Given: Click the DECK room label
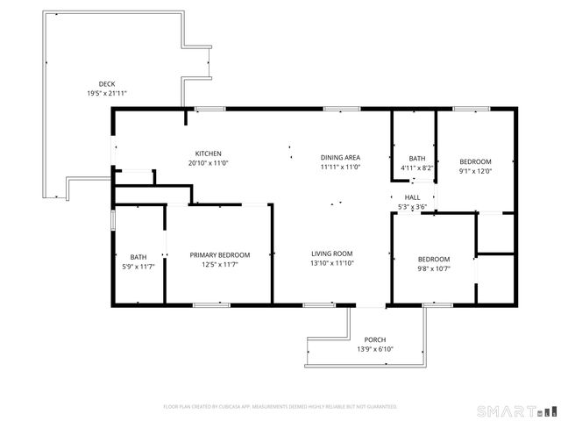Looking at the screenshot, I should [x=106, y=84].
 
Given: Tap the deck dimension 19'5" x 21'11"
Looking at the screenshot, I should [x=106, y=93].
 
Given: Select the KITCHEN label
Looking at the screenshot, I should [x=208, y=153].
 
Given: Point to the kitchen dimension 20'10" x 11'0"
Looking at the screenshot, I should [x=208, y=163].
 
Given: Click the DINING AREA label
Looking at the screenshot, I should [x=340, y=157].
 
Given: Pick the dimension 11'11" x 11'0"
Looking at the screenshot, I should [x=340, y=167].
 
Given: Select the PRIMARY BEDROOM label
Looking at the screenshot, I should [x=220, y=255].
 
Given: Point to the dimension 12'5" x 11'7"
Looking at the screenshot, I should [x=220, y=264].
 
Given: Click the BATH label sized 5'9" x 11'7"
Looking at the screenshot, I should [x=138, y=256].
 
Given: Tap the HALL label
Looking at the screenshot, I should [x=412, y=197].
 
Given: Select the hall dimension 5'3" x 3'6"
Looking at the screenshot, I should [x=412, y=207].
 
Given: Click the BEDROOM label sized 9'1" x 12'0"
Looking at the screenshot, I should [x=476, y=161].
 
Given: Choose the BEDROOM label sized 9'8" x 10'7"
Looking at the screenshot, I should [x=434, y=259].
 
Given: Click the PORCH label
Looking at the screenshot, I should [x=375, y=339].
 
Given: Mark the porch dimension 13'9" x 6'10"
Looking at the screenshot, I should [x=375, y=349].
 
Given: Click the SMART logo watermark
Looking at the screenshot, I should [x=516, y=410].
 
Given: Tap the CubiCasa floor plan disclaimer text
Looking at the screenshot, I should [x=280, y=407].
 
